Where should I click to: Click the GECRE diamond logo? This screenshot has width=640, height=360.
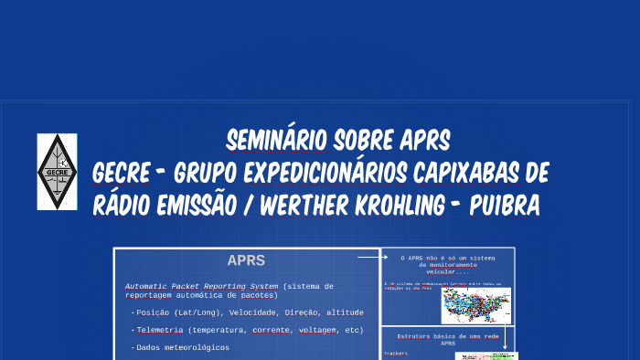(x=57, y=171)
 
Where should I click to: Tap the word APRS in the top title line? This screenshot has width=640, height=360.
(x=425, y=142)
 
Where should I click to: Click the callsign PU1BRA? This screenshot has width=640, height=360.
(x=504, y=206)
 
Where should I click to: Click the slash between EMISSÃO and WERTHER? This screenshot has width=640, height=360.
(x=248, y=206)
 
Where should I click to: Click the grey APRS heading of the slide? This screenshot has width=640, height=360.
(x=247, y=261)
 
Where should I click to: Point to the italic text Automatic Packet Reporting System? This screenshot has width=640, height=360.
(x=201, y=286)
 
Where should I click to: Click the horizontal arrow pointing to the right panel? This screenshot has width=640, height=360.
(x=368, y=258)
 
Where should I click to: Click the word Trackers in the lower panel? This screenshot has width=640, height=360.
(x=396, y=353)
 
